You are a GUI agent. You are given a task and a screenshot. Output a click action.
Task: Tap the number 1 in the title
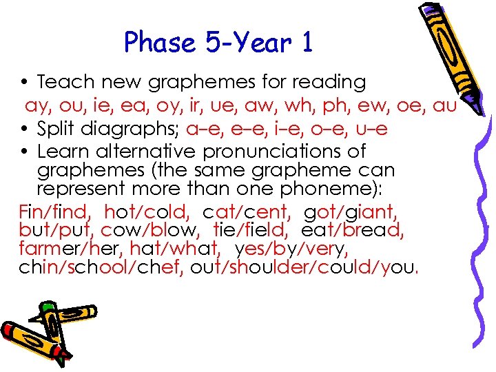tap(307, 43)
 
